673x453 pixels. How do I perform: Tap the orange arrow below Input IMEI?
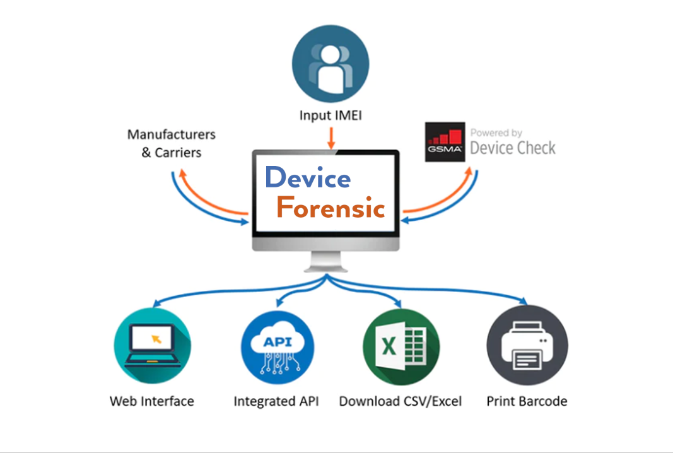click(x=331, y=138)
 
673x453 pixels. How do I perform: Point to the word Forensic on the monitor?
click(x=331, y=208)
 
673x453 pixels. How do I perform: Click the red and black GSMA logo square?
click(x=445, y=142)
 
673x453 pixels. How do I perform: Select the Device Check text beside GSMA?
click(x=513, y=149)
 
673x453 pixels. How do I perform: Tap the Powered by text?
click(x=496, y=133)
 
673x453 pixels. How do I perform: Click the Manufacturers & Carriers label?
click(x=171, y=143)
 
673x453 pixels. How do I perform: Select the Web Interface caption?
click(x=152, y=401)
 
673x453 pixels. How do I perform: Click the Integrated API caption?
click(x=276, y=401)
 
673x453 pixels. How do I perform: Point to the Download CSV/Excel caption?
click(x=401, y=401)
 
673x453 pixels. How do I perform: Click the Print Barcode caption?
click(x=527, y=401)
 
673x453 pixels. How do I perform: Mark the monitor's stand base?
click(x=326, y=268)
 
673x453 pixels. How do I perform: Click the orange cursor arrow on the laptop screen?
click(x=156, y=339)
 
